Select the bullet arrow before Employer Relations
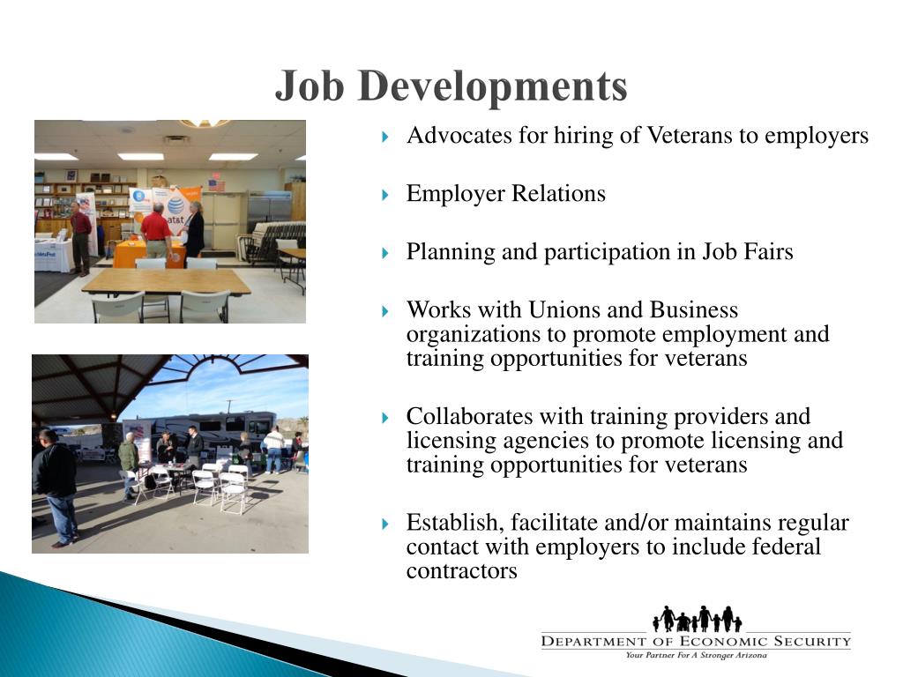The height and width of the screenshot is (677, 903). pos(385,195)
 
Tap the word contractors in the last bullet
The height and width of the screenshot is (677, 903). pos(461,570)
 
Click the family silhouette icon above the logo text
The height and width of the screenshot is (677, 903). pos(697,619)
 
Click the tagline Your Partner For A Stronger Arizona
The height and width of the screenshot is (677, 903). pos(696,655)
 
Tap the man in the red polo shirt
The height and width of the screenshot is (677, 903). pos(155,231)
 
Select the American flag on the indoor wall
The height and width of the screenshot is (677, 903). pos(216,182)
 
